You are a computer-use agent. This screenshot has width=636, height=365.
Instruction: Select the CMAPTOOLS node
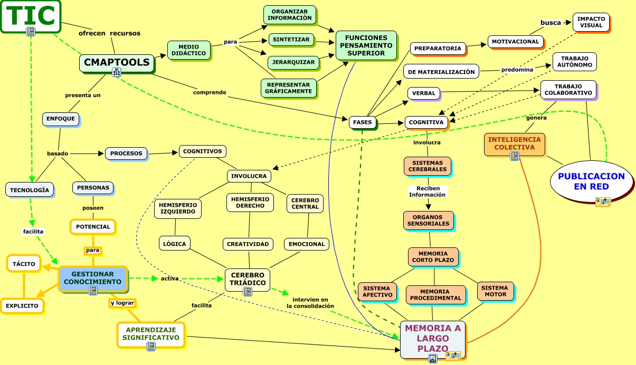[117, 63]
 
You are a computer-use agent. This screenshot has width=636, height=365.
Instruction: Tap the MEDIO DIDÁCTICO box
[188, 50]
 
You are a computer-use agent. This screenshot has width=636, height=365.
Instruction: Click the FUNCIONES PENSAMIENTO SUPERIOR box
[366, 45]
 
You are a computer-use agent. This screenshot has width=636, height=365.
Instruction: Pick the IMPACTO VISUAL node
[591, 22]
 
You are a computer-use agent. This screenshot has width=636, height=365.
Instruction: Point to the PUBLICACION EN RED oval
[591, 181]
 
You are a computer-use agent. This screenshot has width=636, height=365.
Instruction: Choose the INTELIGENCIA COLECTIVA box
[514, 143]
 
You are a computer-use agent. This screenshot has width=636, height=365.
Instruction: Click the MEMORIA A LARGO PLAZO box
[432, 338]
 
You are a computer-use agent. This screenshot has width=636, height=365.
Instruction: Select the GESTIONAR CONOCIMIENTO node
[92, 278]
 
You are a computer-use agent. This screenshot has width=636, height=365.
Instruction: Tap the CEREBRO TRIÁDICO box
[247, 278]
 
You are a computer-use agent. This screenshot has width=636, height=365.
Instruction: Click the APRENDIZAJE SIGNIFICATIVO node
[152, 334]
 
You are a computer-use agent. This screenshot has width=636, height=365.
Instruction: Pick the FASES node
[363, 122]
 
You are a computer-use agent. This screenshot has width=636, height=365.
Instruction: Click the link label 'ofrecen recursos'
[109, 33]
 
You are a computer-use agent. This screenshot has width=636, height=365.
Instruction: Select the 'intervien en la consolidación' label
[310, 303]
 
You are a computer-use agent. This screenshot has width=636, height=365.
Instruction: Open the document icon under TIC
[31, 32]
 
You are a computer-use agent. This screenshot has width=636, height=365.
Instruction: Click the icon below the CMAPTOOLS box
[117, 73]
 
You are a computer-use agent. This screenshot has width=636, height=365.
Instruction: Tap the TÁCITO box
[24, 264]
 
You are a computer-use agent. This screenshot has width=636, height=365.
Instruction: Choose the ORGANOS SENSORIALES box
[428, 220]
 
